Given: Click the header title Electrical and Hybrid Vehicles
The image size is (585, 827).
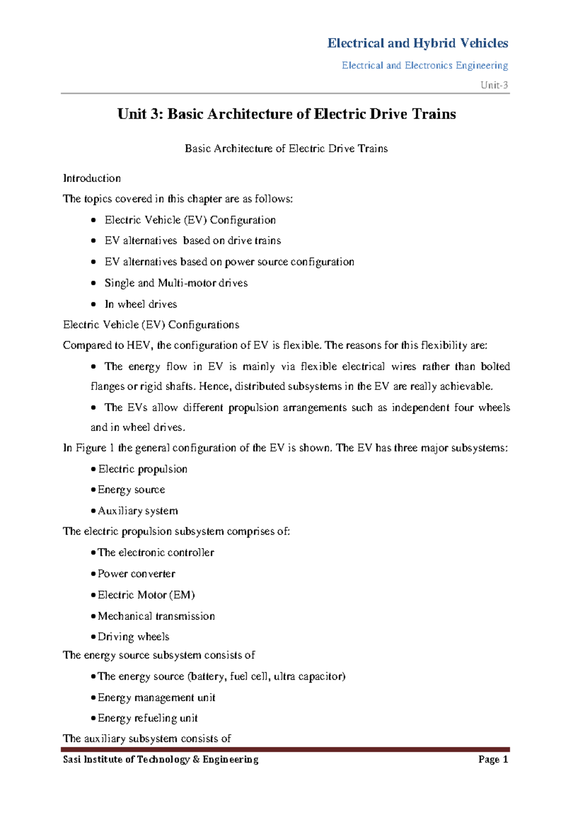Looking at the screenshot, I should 417,43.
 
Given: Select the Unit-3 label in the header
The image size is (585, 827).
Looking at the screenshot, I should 494,85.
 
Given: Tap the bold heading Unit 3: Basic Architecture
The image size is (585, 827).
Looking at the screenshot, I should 287,114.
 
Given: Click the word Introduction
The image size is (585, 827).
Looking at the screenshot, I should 92,178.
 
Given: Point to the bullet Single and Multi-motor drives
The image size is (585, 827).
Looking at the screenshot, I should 176,283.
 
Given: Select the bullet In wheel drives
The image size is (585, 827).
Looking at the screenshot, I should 140,304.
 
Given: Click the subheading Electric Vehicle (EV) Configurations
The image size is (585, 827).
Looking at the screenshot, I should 151,325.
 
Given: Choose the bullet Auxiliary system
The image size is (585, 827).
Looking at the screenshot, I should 137,511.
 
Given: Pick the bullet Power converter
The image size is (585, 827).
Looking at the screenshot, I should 136,573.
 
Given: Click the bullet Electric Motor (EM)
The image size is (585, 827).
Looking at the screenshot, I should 146,594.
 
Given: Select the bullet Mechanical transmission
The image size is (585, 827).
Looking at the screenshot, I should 156,616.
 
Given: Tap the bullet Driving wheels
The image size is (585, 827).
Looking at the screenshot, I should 133,636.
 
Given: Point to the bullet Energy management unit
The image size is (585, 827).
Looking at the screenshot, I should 156,697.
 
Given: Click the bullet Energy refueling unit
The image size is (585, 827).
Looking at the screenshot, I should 147,718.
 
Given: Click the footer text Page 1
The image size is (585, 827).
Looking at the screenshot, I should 493,759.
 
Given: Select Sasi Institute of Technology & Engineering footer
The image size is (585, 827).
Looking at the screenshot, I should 161,759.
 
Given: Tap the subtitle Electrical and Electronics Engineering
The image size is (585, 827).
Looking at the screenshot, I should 425,65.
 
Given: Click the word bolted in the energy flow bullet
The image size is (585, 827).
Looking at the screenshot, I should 495,366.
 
